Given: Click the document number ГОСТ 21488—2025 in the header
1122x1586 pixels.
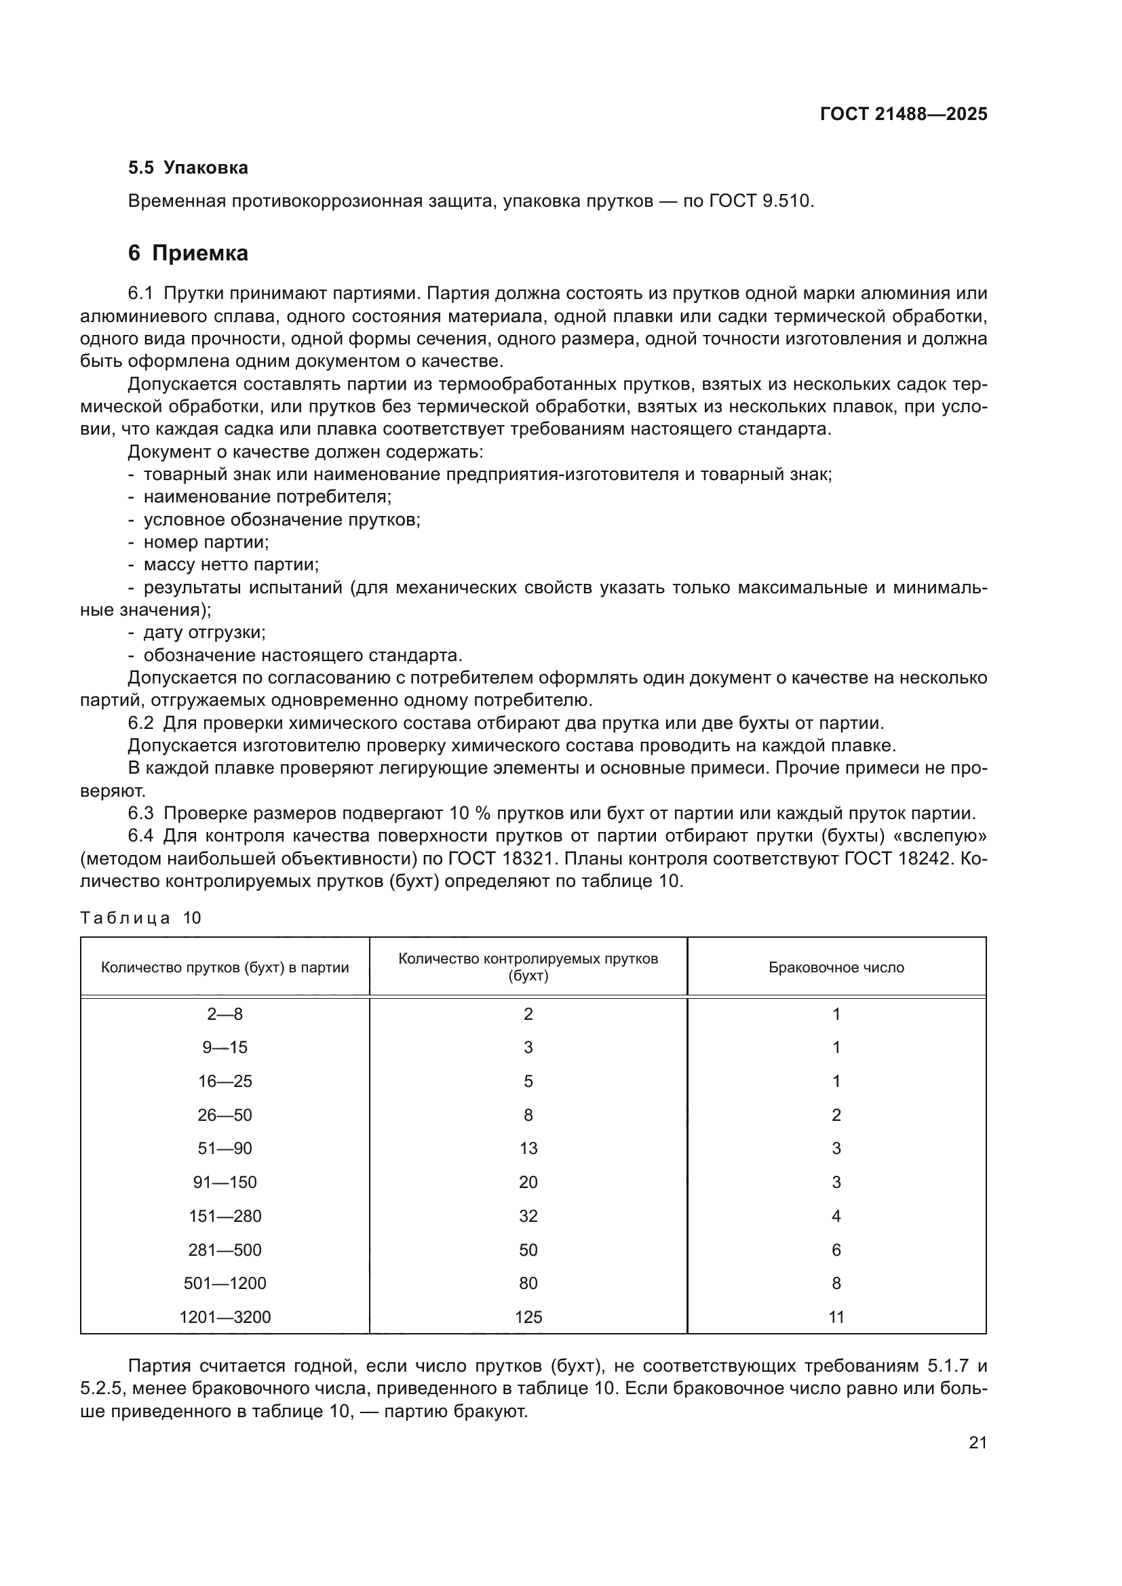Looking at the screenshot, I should tap(904, 115).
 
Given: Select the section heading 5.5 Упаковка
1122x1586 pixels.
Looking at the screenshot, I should tap(188, 168).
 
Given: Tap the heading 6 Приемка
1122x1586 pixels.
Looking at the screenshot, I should tap(188, 254).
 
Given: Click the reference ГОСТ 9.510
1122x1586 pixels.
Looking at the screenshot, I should tap(761, 201).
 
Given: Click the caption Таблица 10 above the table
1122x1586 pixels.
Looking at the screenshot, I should tap(140, 918).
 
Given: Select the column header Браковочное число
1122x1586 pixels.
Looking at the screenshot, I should tap(836, 968).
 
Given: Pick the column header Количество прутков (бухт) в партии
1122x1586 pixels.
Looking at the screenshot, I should tap(225, 968).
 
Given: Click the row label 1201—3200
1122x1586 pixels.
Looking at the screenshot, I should tap(225, 1317).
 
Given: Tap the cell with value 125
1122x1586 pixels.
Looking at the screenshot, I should tap(528, 1317).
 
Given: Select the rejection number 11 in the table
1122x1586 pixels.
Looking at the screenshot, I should tap(836, 1317).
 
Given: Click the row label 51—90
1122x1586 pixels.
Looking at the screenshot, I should tap(225, 1149).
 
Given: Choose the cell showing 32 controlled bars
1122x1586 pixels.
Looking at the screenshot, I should tap(528, 1216).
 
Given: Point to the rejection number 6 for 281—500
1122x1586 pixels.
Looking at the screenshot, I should tap(836, 1250).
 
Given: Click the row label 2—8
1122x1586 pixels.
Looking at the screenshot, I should tap(225, 1014).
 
